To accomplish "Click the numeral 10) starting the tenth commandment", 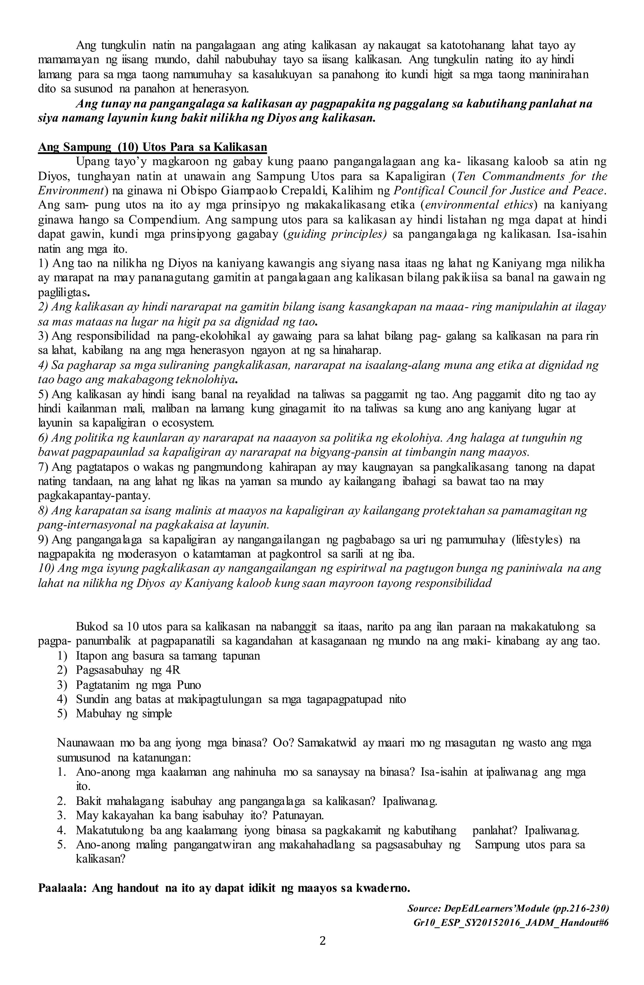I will pyautogui.click(x=46, y=569).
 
